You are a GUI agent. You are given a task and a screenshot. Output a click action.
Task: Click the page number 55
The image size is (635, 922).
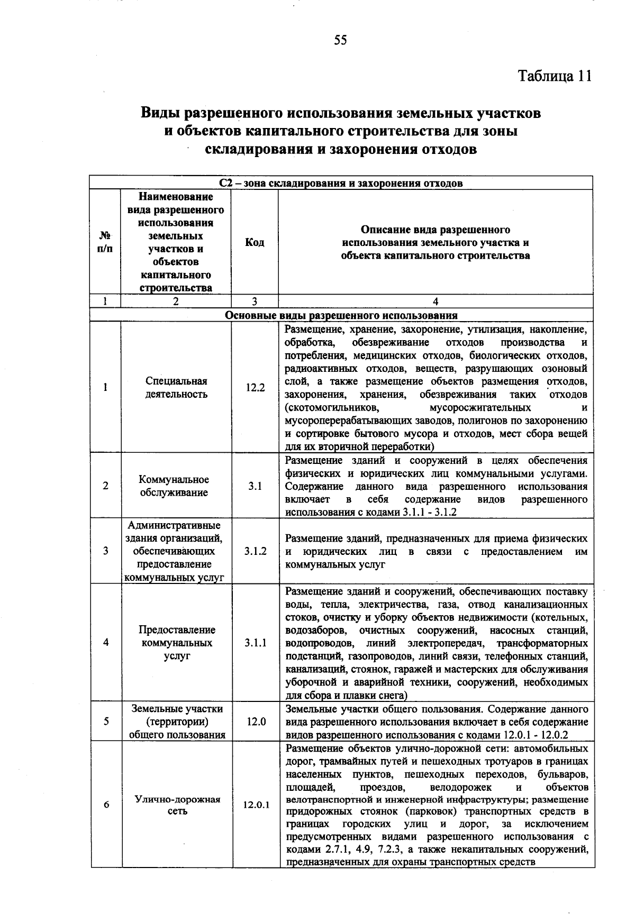click(x=340, y=40)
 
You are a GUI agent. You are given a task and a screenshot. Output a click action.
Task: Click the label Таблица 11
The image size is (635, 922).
click(x=554, y=76)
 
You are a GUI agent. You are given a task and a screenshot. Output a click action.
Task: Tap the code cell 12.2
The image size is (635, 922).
click(x=255, y=387)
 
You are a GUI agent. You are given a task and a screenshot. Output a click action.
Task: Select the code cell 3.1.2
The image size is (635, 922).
click(x=256, y=551)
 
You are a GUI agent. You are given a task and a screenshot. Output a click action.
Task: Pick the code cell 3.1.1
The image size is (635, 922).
click(x=256, y=643)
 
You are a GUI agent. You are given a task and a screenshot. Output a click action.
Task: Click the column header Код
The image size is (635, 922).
click(x=255, y=243)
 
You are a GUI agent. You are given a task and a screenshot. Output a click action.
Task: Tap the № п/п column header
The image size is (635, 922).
click(x=105, y=243)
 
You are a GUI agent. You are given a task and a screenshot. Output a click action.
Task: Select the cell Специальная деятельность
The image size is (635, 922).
click(x=176, y=388)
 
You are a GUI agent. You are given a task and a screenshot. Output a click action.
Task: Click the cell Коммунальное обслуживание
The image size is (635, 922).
click(x=174, y=486)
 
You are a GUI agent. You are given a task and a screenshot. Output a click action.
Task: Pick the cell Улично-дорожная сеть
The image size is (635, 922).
click(x=177, y=805)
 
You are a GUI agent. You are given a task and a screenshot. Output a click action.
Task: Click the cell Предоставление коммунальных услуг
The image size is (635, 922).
click(x=177, y=643)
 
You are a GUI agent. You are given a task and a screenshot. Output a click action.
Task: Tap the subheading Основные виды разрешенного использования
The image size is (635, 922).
click(x=341, y=316)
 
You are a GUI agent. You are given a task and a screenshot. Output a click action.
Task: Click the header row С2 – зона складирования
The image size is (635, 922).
click(x=341, y=184)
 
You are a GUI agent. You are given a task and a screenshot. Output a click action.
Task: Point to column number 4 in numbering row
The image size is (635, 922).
click(x=436, y=302)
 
